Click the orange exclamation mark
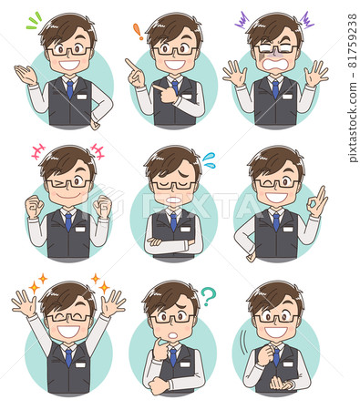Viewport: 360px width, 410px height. pyautogui.click(x=138, y=32)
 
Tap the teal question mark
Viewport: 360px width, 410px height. pyautogui.click(x=209, y=296)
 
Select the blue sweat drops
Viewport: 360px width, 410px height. pyautogui.click(x=210, y=160)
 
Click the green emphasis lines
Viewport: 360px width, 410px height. pyautogui.click(x=34, y=21)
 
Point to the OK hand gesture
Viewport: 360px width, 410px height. pyautogui.click(x=317, y=201)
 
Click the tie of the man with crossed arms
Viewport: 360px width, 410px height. pyautogui.click(x=173, y=222)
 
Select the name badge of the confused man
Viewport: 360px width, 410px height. pyautogui.click(x=185, y=364)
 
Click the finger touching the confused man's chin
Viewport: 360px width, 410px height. pyautogui.click(x=161, y=343)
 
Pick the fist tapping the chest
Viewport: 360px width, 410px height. pyautogui.click(x=265, y=354)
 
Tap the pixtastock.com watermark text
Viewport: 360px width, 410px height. pyautogui.click(x=353, y=88)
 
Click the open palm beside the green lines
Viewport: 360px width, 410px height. pyautogui.click(x=26, y=75)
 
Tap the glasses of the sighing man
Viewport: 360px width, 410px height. pyautogui.click(x=173, y=185)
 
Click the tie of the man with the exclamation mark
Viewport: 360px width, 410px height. pyautogui.click(x=175, y=87)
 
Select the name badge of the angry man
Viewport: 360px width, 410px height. pyautogui.click(x=287, y=97)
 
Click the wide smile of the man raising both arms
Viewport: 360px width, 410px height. pyautogui.click(x=68, y=331)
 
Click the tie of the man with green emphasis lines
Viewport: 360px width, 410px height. pyautogui.click(x=70, y=89)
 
